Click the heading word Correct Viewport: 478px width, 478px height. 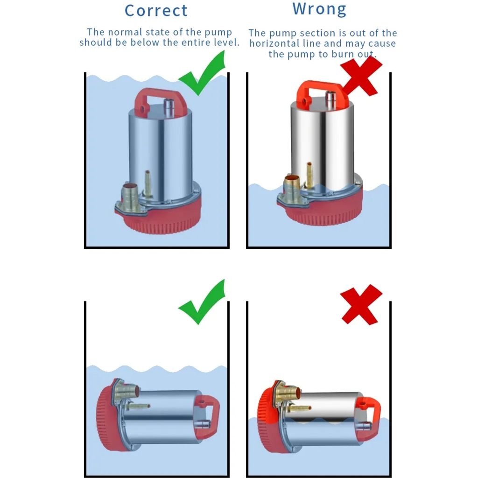click(156, 11)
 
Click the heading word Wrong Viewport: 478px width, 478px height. click(319, 9)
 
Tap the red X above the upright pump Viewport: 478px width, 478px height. click(361, 76)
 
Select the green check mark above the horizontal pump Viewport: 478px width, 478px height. click(202, 302)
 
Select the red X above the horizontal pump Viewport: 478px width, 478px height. click(361, 304)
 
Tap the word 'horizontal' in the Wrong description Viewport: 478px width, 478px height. click(274, 43)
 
